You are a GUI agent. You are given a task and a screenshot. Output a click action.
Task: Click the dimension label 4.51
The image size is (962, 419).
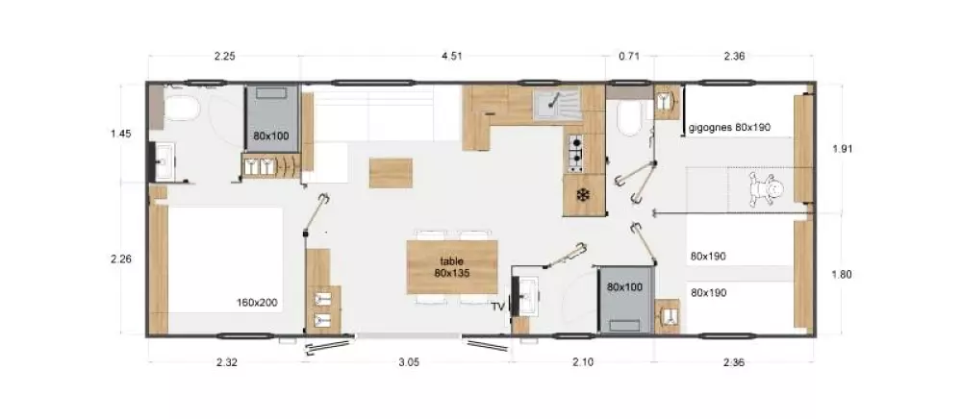(x=451, y=56)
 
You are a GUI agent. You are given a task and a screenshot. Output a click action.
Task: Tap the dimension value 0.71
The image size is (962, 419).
(x=628, y=56)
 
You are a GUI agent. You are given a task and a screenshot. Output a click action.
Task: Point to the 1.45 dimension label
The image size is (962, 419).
(x=120, y=134)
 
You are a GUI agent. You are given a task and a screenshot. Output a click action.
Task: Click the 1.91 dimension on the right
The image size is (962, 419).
(x=843, y=148)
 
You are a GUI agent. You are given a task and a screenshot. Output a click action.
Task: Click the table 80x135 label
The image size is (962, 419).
(x=451, y=267)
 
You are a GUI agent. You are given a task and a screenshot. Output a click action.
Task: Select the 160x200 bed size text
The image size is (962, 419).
(x=257, y=303)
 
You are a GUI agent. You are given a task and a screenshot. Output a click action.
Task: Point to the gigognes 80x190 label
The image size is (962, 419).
(x=730, y=127)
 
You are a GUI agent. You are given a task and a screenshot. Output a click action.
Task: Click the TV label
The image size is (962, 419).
(x=497, y=307)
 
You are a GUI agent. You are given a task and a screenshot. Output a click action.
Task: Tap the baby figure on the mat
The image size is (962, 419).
(x=766, y=187)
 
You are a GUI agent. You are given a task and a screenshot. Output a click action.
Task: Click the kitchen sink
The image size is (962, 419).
(x=553, y=101)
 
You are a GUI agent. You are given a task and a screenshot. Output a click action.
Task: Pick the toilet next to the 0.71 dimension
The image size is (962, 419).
(x=628, y=120)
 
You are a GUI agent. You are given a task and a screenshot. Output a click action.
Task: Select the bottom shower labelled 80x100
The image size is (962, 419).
(x=624, y=299)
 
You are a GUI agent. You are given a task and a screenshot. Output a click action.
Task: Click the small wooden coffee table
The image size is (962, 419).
(x=391, y=173)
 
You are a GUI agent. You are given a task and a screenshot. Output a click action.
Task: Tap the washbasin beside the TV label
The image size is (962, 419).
(x=527, y=294)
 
